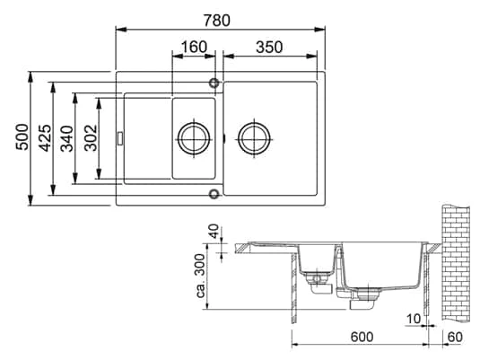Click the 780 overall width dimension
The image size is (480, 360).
coord(217,21)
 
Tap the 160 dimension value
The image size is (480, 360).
coord(194,47)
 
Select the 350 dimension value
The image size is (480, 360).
coord(269,48)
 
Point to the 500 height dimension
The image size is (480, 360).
coord(22,137)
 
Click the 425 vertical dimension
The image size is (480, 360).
coord(45,138)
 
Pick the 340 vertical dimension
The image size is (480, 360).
coord(67,138)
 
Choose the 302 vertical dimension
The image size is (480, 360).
coord(91,138)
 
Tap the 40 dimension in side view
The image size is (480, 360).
coord(214,232)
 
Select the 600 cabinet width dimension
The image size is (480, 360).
coord(362,337)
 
